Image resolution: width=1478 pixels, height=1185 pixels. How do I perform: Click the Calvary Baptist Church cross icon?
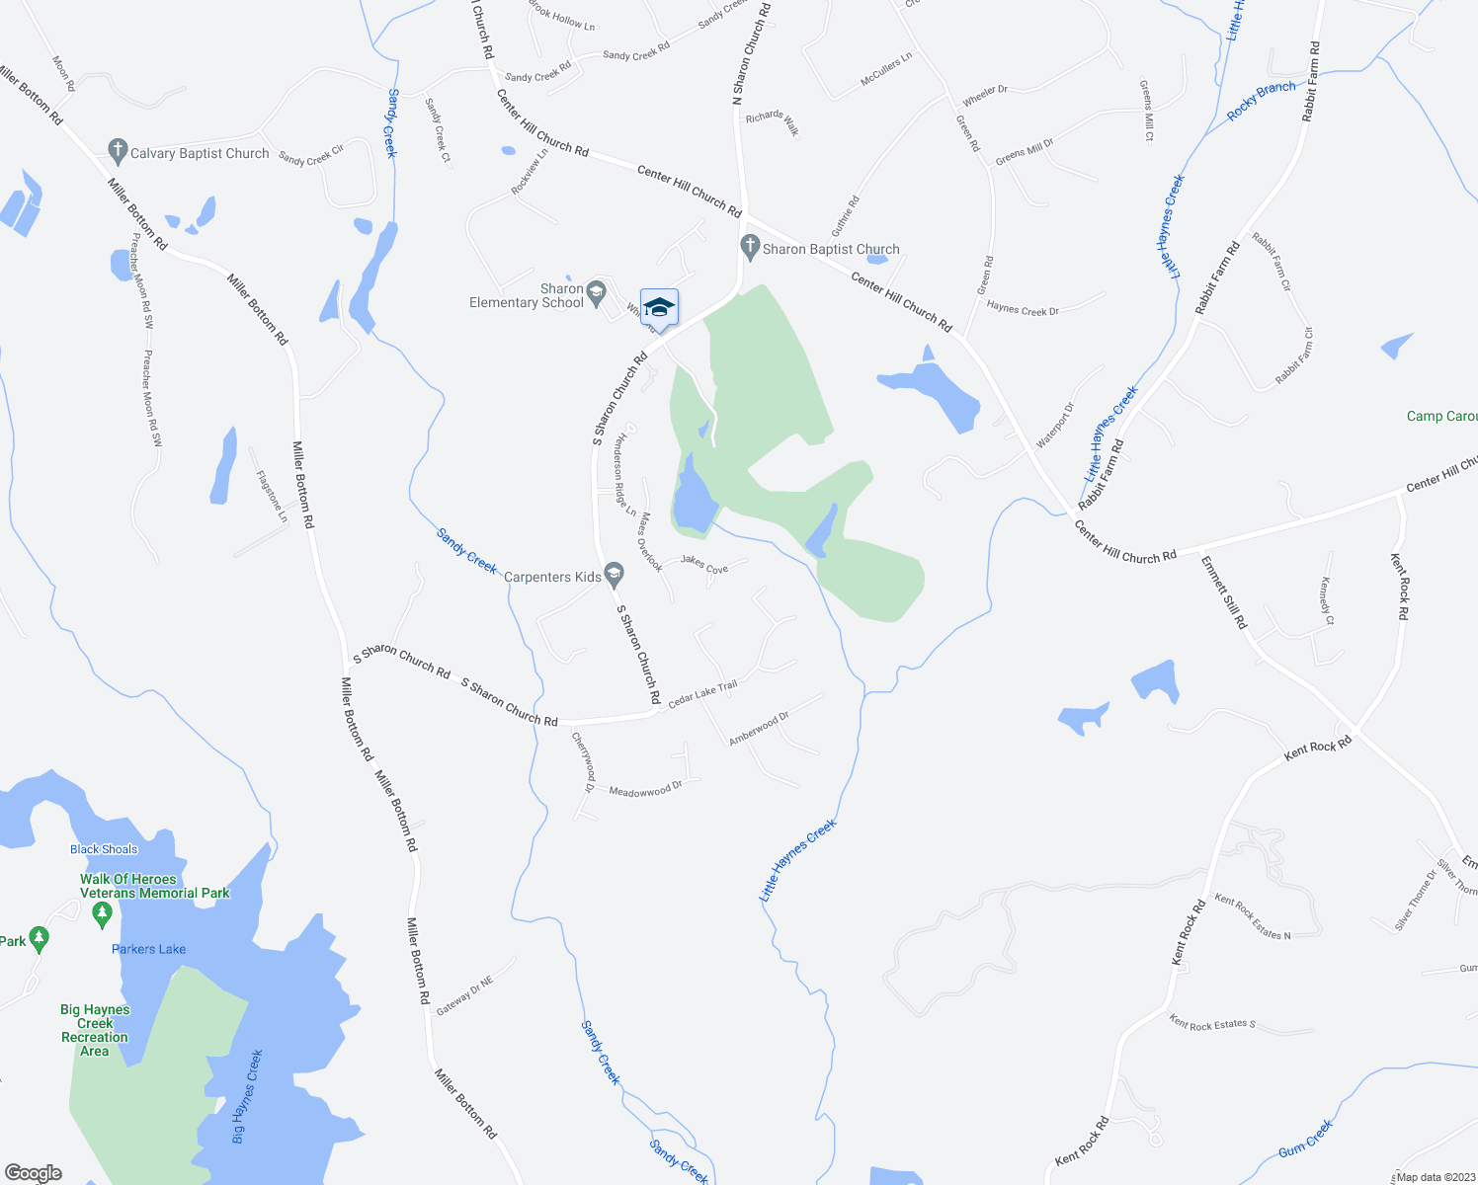[x=118, y=152]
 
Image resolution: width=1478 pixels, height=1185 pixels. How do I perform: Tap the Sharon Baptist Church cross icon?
[x=750, y=248]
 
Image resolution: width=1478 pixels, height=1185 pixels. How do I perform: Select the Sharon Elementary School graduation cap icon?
[x=596, y=293]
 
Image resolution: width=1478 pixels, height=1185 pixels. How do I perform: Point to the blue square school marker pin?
[x=659, y=307]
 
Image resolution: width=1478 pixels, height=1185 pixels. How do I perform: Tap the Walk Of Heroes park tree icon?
[x=101, y=915]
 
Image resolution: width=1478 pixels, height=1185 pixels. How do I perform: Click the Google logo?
[x=33, y=1173]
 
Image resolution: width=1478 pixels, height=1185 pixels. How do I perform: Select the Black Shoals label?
[x=104, y=849]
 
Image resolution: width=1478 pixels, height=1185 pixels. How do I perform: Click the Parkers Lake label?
[x=148, y=949]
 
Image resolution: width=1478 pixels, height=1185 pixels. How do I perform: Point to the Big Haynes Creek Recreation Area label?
[x=95, y=1030]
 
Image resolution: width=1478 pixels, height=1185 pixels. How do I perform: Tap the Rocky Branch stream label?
[x=1261, y=101]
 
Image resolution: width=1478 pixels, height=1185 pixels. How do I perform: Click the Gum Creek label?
[x=1305, y=1139]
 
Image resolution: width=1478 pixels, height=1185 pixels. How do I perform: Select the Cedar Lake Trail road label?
[x=702, y=694]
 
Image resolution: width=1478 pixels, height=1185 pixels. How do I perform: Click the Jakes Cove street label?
[x=704, y=564]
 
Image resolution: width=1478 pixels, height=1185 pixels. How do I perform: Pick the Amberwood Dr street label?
[x=759, y=729]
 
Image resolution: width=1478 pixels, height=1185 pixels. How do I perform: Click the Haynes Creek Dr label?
[x=1023, y=309]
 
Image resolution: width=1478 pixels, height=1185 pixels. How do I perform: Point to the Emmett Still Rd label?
[x=1224, y=592]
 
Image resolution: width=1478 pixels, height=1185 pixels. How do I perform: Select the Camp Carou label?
[x=1441, y=416]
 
